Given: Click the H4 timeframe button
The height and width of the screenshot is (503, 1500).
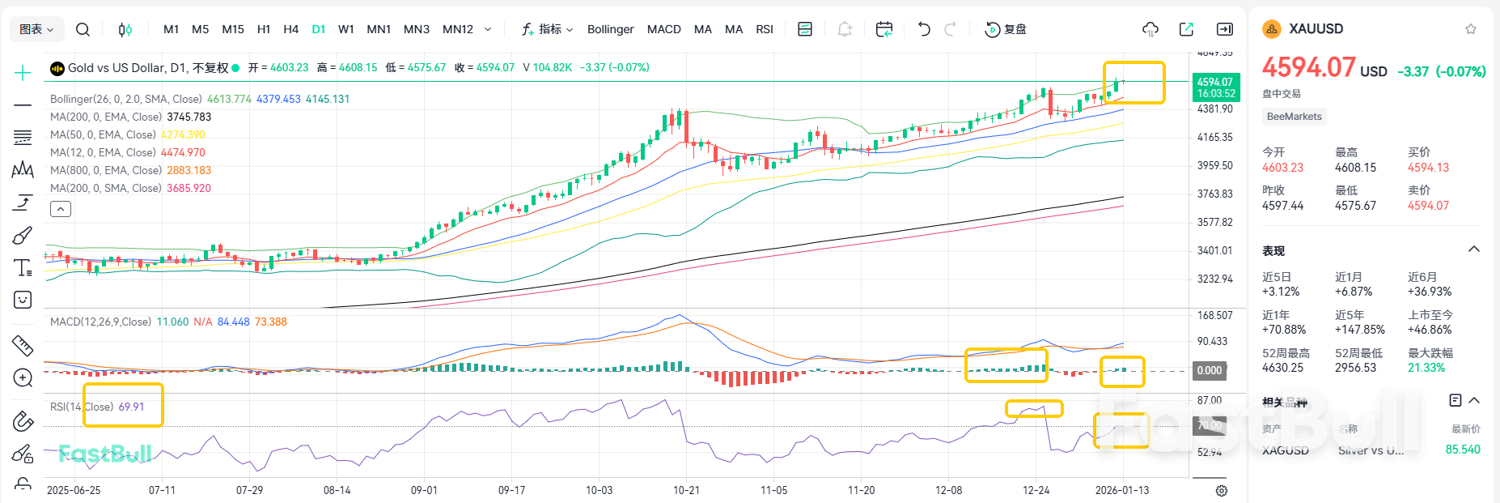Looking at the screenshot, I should click(x=290, y=29).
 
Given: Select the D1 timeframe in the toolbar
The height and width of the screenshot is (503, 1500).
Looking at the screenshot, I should click(x=319, y=29).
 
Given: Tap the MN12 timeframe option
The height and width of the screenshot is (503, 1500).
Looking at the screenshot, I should click(x=457, y=29).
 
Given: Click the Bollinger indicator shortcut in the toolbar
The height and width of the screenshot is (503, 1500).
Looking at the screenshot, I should click(x=610, y=29).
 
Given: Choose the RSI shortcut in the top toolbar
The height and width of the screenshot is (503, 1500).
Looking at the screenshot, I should click(x=764, y=29).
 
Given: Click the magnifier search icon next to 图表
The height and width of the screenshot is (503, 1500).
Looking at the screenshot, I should click(x=83, y=29).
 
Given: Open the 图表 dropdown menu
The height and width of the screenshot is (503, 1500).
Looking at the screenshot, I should click(x=36, y=29).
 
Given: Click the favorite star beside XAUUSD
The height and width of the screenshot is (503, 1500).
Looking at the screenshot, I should click(x=1470, y=29).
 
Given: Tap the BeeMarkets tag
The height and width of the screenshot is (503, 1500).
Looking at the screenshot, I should click(x=1294, y=117).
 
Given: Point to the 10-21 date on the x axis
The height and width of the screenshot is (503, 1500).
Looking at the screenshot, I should click(x=686, y=490).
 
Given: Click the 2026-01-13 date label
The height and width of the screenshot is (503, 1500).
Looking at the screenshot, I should click(x=1121, y=490).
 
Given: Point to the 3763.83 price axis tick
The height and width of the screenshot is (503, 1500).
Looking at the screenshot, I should click(x=1214, y=194).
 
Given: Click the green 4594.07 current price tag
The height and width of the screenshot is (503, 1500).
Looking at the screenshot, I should click(x=1214, y=87).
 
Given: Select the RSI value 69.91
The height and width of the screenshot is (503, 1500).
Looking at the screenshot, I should click(x=131, y=407).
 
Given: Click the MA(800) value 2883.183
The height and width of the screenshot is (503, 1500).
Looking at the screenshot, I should click(x=189, y=170).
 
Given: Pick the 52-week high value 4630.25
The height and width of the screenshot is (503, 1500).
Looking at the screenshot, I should click(x=1282, y=368).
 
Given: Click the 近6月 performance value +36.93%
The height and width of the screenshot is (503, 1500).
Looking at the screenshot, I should click(x=1430, y=292).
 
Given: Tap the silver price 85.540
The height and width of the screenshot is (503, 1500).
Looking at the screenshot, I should click(x=1462, y=450).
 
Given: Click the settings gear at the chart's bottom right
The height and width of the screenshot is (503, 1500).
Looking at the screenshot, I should click(x=1221, y=491).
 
